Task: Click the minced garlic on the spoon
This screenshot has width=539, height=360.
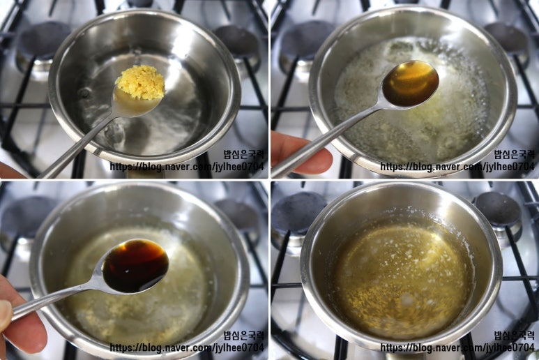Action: click(140, 82)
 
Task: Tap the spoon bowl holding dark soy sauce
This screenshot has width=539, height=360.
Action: click(135, 265)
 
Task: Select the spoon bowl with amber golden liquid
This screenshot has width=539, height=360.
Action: click(411, 84)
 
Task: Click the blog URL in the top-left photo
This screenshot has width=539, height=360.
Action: click(187, 167)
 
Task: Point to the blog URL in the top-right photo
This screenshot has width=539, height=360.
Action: click(457, 167)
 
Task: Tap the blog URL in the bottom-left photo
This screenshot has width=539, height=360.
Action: click(187, 347)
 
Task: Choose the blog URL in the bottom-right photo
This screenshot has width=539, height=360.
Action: click(457, 347)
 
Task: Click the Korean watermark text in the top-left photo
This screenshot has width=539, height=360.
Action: click(244, 154)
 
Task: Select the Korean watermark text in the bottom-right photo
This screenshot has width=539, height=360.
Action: click(515, 335)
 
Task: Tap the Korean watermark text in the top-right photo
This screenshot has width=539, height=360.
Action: click(515, 154)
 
